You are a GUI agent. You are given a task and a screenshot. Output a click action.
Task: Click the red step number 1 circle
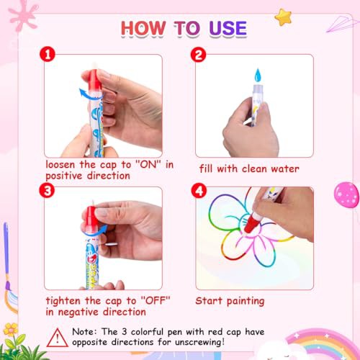point(48,54)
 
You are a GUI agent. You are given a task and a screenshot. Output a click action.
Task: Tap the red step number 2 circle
point(198,55)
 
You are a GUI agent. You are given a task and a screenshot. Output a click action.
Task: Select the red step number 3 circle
point(47,190)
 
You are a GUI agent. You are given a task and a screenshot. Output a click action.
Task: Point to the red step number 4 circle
point(199,191)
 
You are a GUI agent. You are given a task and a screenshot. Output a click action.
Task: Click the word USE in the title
point(228,28)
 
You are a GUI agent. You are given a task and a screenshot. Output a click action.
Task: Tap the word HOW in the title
point(143,28)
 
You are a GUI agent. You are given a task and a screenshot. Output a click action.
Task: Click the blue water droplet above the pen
point(258,75)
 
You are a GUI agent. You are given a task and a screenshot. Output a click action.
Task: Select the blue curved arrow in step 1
point(88,94)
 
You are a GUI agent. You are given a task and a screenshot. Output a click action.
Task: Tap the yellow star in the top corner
point(283,17)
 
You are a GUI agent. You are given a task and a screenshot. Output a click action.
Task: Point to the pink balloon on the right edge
point(346,194)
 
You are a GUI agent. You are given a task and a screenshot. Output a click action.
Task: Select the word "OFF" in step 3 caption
point(156,300)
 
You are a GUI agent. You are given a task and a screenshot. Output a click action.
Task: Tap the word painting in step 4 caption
point(246,301)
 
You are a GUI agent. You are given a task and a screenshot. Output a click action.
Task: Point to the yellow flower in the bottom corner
point(11,329)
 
